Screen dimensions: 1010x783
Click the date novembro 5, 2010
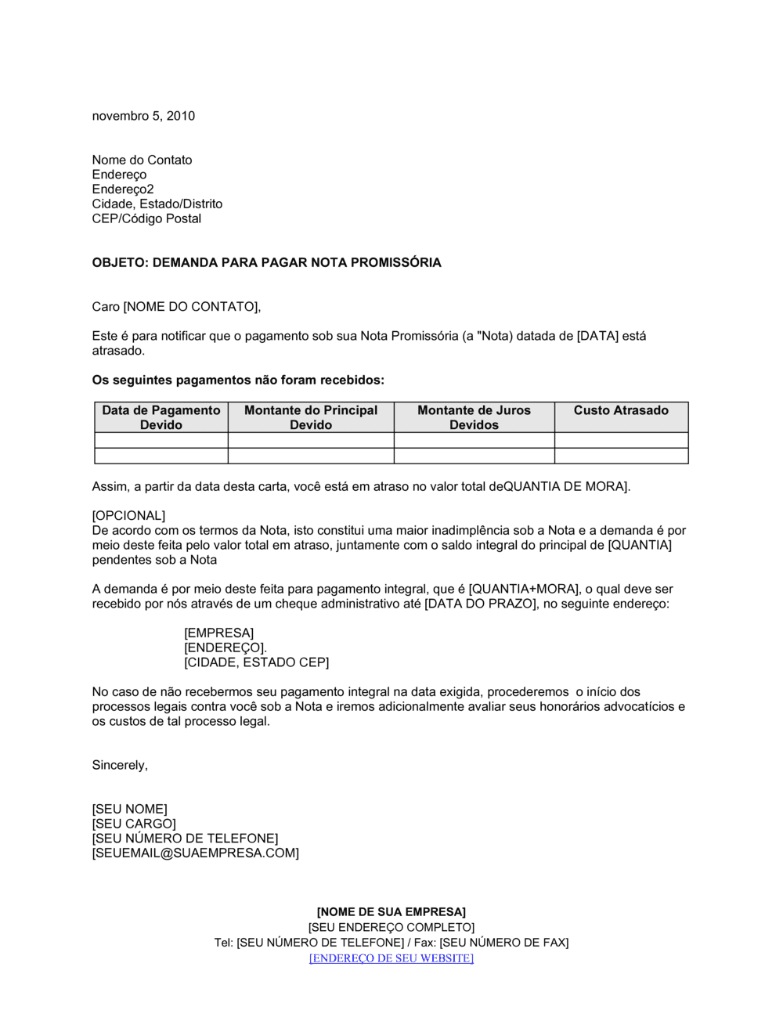[x=143, y=116]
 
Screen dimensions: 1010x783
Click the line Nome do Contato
[x=142, y=160]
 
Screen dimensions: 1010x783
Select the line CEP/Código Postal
[x=146, y=218]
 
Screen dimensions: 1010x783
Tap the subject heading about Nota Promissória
[x=266, y=262]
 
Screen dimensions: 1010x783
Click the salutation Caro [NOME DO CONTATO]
[x=176, y=306]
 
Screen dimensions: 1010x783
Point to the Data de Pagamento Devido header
[x=161, y=417]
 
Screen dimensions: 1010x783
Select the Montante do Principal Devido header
[x=311, y=417]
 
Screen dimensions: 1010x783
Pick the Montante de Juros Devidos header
[x=474, y=417]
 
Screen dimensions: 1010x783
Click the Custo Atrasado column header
[x=621, y=410]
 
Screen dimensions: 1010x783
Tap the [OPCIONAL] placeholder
[x=128, y=515]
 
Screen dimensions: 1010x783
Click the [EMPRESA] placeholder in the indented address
[x=218, y=633]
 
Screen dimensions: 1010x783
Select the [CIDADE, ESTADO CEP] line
[x=256, y=662]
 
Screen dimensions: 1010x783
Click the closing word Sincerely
[x=120, y=765]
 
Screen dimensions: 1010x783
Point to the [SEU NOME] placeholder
[x=129, y=809]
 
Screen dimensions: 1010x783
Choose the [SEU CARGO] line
[x=134, y=824]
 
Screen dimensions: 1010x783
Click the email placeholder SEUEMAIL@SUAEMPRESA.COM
[x=196, y=853]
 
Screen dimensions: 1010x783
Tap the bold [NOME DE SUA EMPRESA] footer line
[x=391, y=912]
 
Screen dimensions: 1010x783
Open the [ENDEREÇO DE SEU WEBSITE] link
[x=391, y=958]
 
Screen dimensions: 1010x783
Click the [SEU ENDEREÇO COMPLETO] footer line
[x=391, y=927]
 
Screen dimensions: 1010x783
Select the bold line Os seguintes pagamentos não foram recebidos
[x=238, y=380]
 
